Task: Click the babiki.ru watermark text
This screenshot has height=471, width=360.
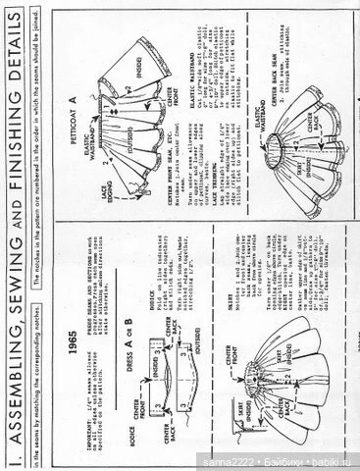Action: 334,461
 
